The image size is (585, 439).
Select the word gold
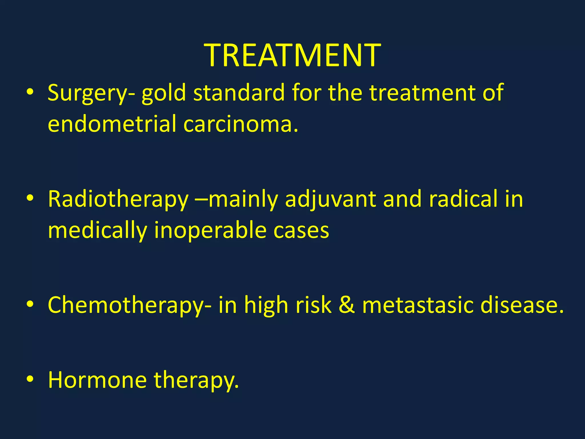point(164,93)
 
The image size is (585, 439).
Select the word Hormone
point(97,380)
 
